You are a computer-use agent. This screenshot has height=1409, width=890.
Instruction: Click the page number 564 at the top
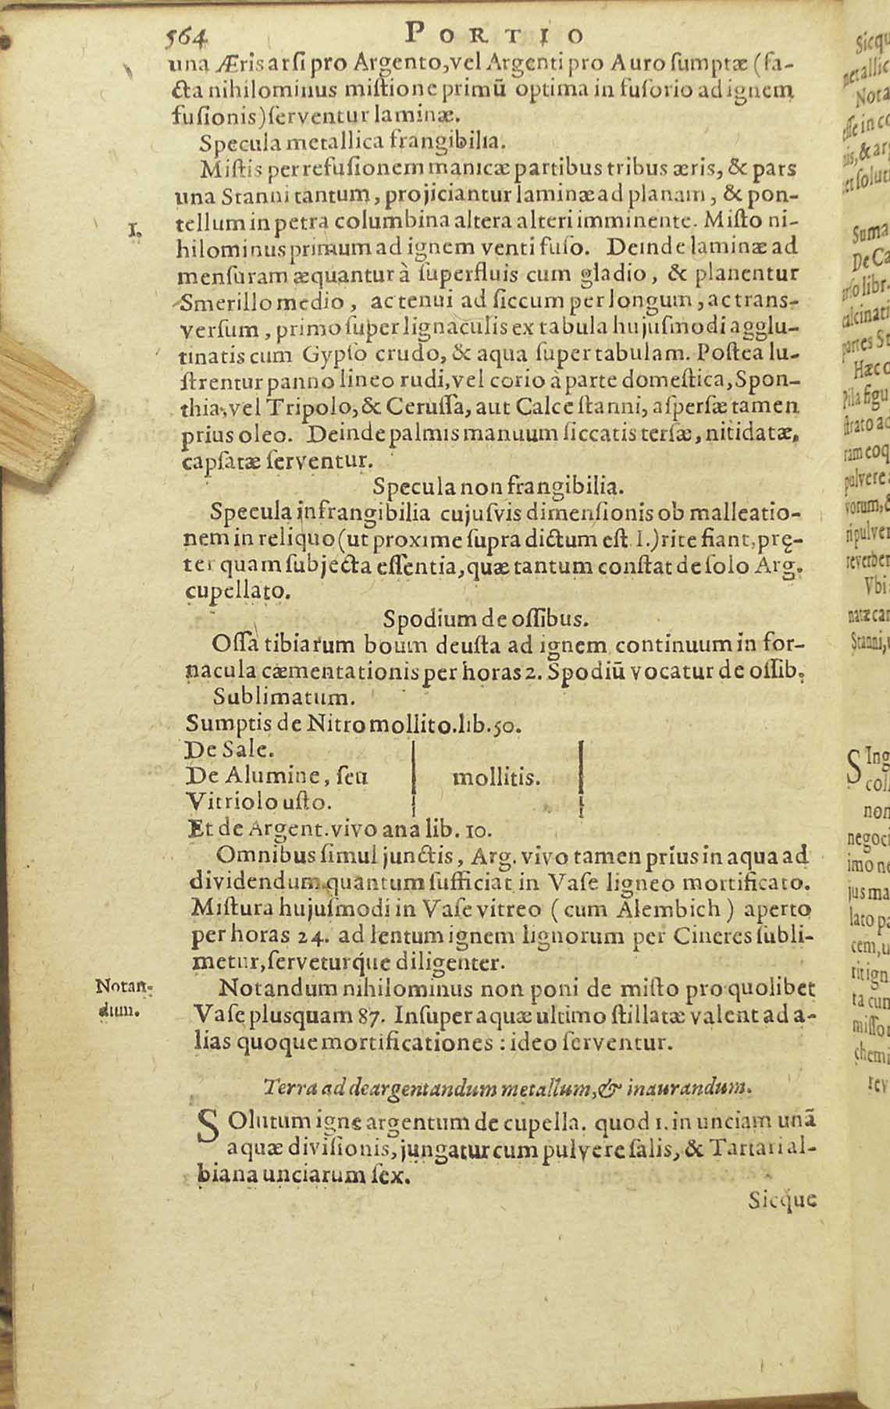tap(188, 34)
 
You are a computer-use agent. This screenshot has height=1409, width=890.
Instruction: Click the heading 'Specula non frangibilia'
tap(498, 487)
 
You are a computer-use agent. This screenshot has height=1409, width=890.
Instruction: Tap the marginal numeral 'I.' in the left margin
tap(133, 229)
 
